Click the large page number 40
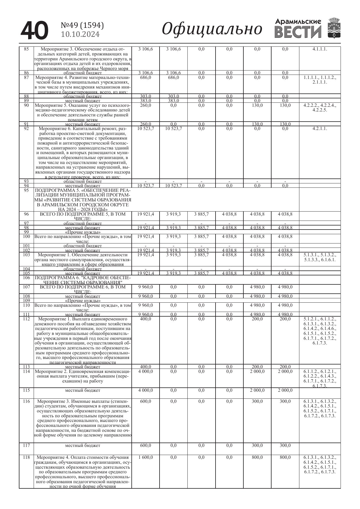34,30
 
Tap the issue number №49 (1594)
82,26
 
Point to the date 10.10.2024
80,35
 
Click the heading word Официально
212,29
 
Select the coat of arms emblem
334,28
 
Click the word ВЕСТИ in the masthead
298,32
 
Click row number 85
26,49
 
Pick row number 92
26,129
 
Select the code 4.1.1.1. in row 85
320,49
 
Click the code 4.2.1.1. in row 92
320,129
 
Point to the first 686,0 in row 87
146,77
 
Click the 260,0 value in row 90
146,105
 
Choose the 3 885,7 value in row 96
201,214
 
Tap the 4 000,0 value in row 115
146,390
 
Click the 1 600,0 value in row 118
146,457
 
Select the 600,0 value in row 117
146,445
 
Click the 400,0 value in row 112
146,319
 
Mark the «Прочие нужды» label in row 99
83,232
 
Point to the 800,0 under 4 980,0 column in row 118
257,457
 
